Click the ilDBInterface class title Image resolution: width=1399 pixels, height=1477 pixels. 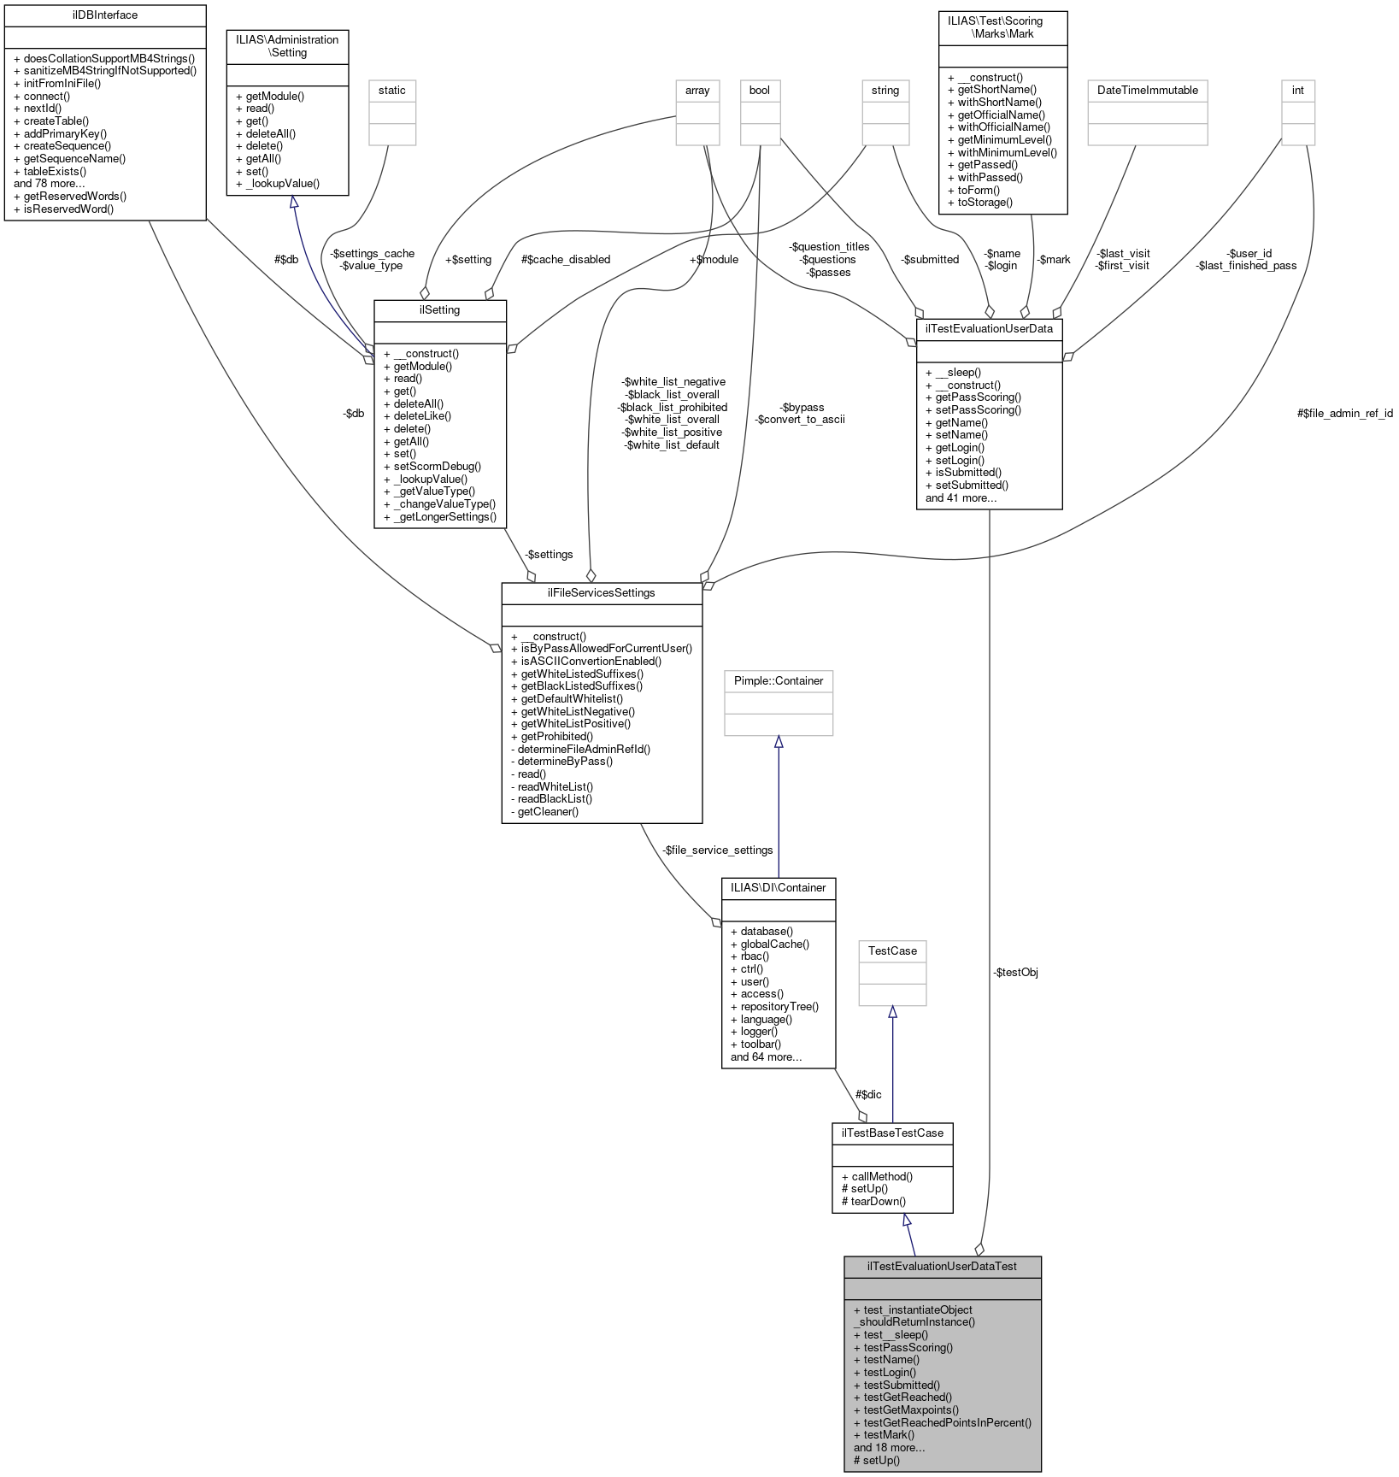click(105, 15)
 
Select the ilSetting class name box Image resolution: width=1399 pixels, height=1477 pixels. click(440, 310)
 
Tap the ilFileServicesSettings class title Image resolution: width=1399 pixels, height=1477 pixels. click(602, 593)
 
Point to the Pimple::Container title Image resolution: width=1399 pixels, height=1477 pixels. click(779, 681)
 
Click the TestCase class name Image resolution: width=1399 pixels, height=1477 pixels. click(892, 951)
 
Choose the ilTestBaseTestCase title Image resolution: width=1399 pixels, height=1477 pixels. click(892, 1133)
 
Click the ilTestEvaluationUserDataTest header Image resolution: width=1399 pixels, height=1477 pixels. click(942, 1267)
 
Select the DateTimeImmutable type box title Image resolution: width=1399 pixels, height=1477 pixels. click(1147, 91)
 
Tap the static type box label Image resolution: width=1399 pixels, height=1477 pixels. click(392, 91)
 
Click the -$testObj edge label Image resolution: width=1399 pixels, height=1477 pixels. click(1015, 973)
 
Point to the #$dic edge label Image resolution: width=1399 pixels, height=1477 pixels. click(868, 1095)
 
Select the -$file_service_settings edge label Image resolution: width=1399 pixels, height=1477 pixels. click(717, 850)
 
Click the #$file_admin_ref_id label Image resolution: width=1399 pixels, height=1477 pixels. click(1344, 414)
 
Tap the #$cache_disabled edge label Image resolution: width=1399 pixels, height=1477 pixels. click(566, 260)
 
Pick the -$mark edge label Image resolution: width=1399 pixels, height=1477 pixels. click(1053, 260)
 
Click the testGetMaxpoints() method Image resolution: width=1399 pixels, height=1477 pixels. click(911, 1410)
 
